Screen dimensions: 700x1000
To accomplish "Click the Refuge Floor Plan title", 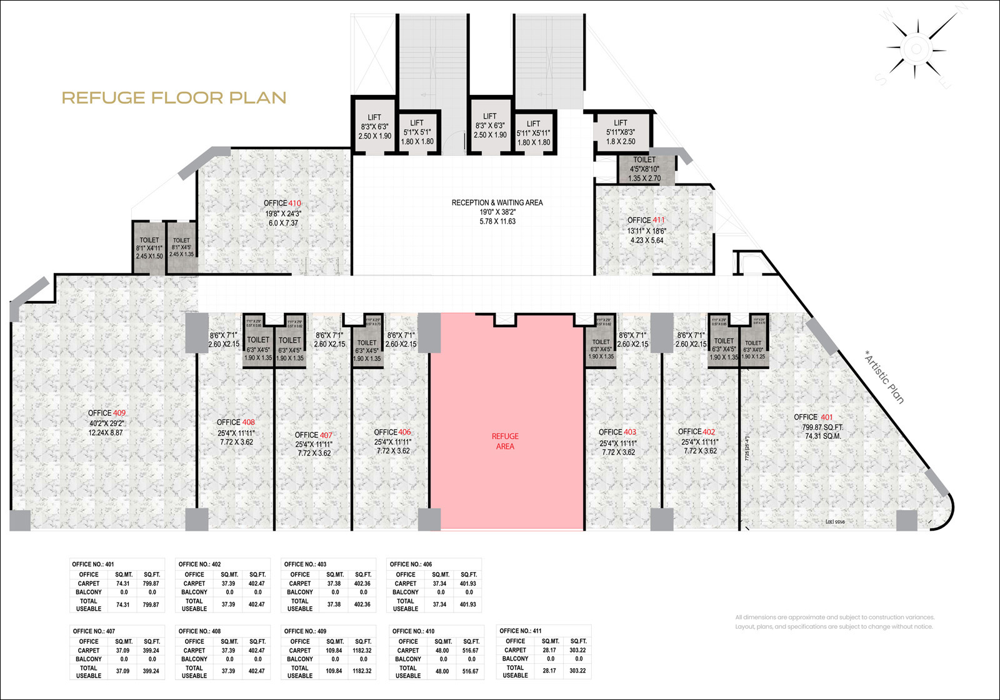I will click(174, 98).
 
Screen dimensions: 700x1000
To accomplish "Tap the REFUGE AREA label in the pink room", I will click(505, 441).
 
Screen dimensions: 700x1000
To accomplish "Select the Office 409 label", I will click(107, 413).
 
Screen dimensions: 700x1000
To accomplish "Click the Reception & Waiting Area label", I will click(497, 203).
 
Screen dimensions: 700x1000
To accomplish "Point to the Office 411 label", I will click(646, 220).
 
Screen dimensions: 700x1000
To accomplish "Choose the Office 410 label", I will click(282, 203).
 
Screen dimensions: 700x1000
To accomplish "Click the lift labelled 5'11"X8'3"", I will click(621, 132).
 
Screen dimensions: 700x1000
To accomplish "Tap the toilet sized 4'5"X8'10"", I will click(644, 169).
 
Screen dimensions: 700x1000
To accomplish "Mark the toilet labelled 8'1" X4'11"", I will click(149, 248).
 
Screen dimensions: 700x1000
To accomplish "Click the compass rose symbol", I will click(916, 49).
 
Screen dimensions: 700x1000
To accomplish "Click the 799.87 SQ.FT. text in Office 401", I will click(822, 427).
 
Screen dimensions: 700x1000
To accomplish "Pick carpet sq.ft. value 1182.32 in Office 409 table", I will click(362, 650).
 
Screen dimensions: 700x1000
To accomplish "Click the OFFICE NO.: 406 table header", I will click(411, 564).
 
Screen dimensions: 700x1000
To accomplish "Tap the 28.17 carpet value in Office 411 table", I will click(549, 650).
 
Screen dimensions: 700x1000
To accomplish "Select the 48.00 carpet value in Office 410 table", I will click(442, 651).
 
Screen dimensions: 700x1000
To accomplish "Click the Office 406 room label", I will click(392, 432).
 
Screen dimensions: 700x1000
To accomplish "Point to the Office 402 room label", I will click(696, 431).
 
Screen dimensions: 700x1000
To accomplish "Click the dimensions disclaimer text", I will click(834, 621).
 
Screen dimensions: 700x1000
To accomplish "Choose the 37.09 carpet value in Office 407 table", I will click(122, 650).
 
